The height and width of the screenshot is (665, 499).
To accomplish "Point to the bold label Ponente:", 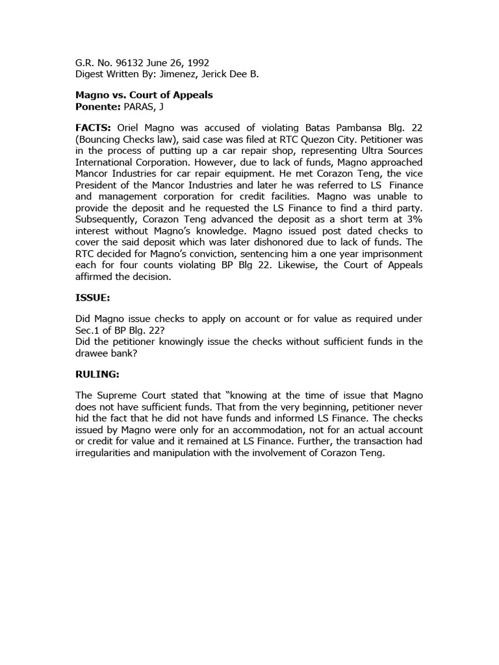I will (98, 106).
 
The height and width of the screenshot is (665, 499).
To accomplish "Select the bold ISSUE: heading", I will (93, 297).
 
